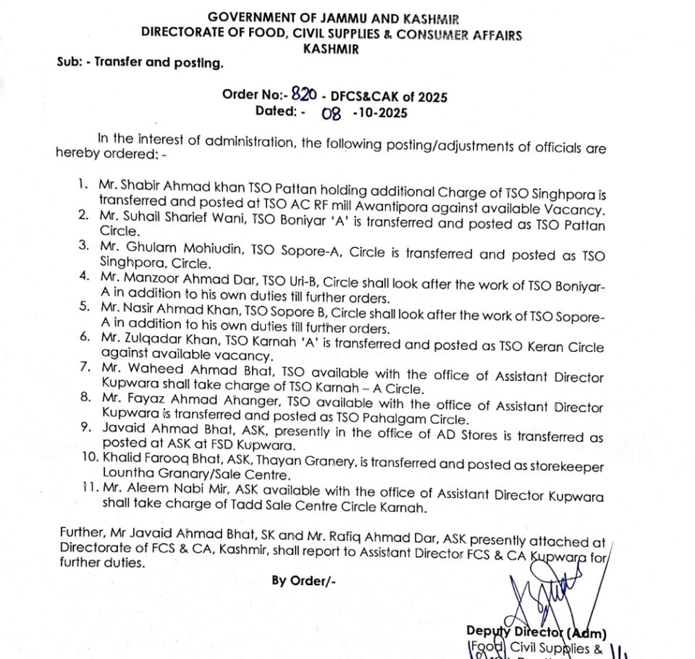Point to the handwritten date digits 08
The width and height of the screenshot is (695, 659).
(331, 113)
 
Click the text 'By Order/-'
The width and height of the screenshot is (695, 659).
(303, 581)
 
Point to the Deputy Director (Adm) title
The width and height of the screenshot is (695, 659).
(536, 633)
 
